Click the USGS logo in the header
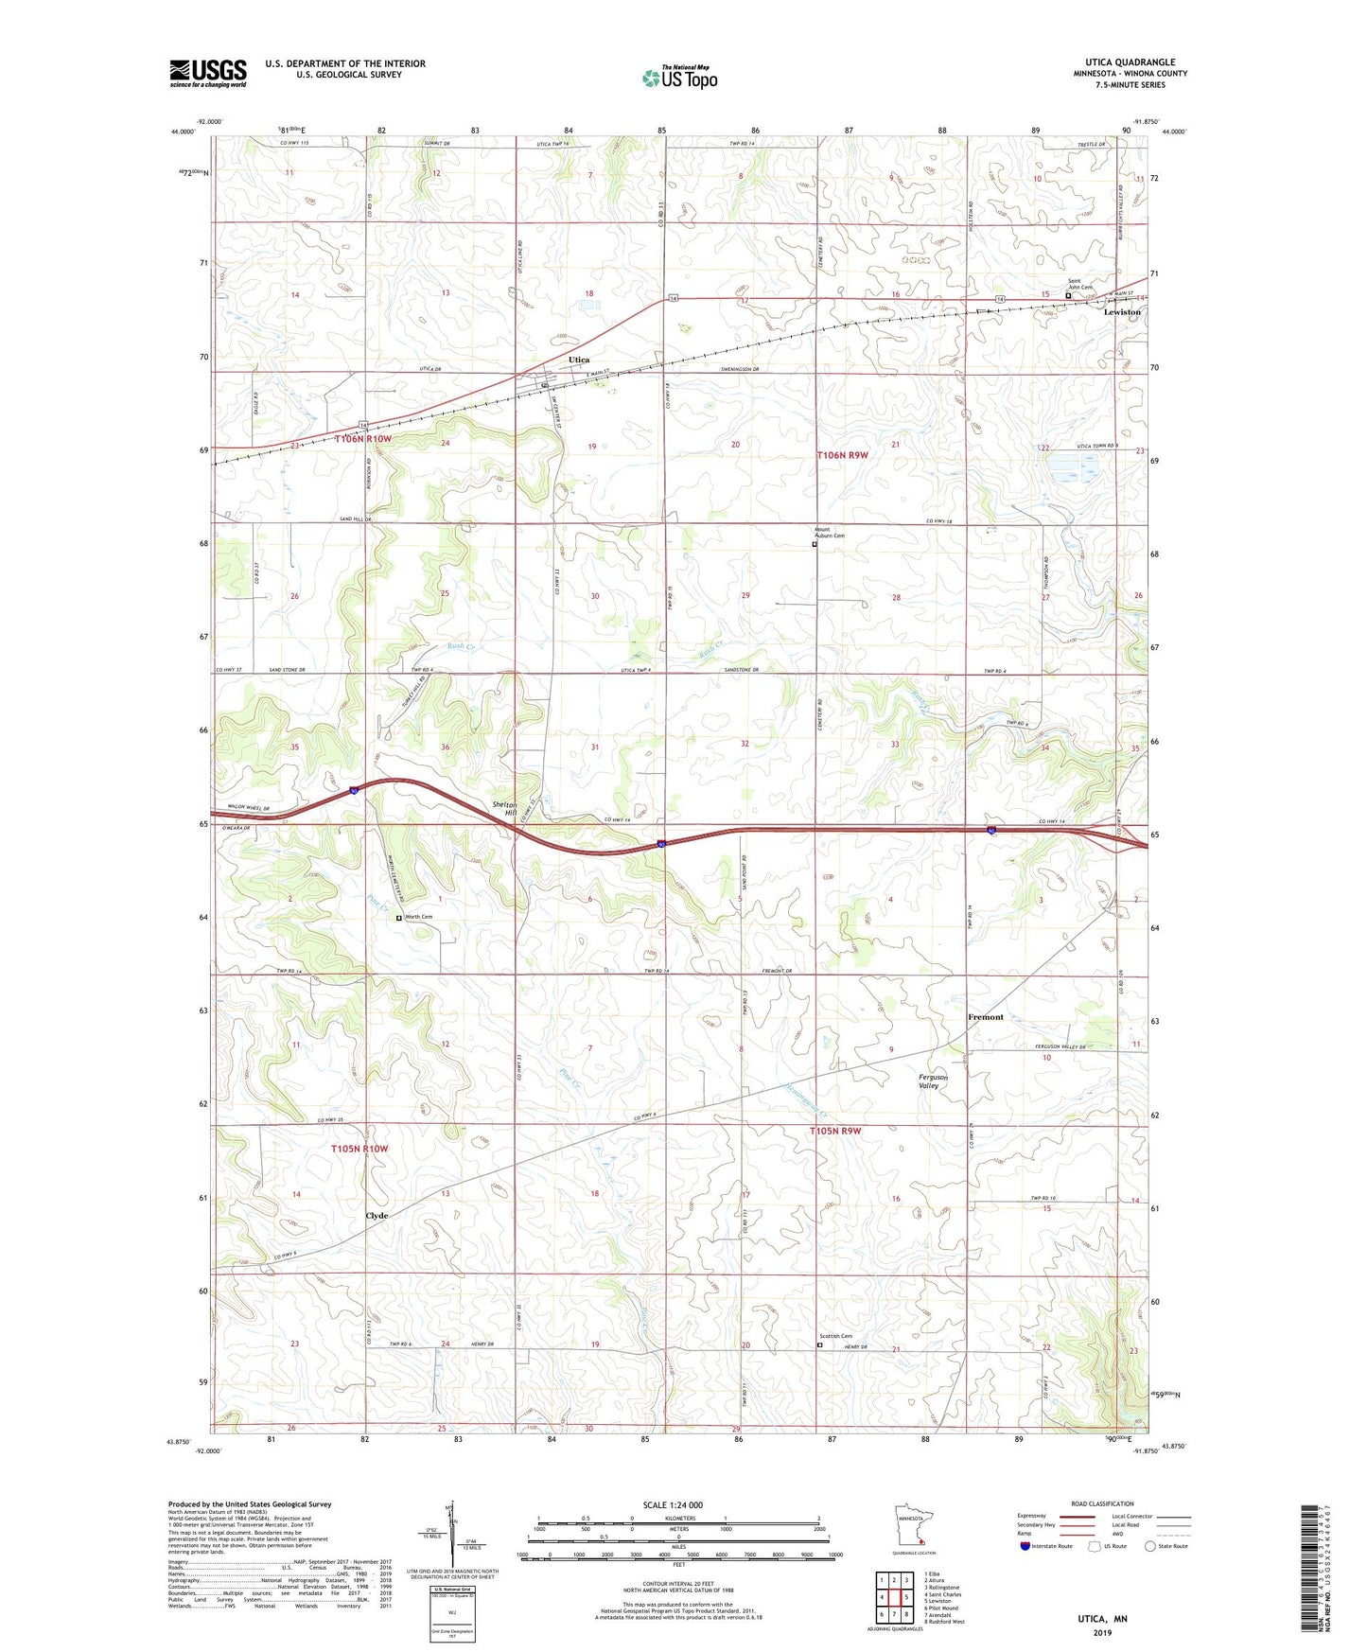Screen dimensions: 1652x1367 208,73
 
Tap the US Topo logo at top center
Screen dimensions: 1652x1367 679,78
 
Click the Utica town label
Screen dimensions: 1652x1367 579,360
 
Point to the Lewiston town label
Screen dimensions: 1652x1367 1122,311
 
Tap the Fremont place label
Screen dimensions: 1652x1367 985,1017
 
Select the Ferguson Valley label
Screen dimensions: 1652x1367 933,1081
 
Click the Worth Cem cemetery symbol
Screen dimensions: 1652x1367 398,917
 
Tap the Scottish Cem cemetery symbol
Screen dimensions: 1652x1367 820,1344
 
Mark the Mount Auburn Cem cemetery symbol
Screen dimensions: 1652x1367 815,544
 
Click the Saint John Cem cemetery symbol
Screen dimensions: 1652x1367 1069,295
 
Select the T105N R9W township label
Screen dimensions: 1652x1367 836,1131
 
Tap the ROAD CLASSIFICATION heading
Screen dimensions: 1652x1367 1103,1503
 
